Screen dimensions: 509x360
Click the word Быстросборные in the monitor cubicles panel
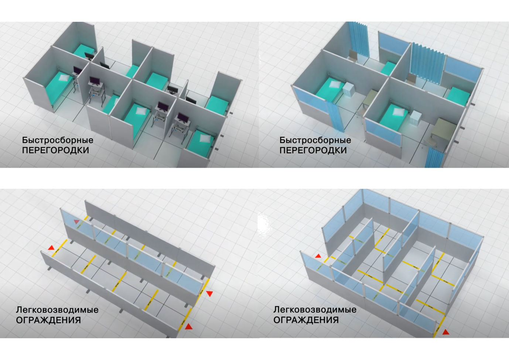(x=58, y=140)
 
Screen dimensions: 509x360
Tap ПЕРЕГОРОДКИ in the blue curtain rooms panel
(x=313, y=150)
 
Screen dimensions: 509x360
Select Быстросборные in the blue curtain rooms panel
(x=315, y=140)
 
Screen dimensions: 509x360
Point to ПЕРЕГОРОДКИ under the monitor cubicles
(x=55, y=150)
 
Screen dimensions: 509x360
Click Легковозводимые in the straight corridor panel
(x=57, y=310)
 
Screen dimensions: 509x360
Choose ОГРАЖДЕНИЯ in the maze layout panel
(x=306, y=320)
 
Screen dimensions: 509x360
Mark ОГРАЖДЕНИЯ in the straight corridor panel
(x=48, y=320)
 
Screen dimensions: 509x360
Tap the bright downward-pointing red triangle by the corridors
(x=209, y=293)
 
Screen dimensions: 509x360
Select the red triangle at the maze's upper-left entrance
(x=318, y=256)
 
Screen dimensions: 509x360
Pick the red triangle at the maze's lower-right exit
(x=446, y=333)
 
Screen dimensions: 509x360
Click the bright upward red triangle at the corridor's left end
(x=51, y=248)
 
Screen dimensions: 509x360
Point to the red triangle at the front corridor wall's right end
(x=189, y=327)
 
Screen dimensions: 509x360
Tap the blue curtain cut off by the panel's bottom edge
(x=434, y=157)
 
